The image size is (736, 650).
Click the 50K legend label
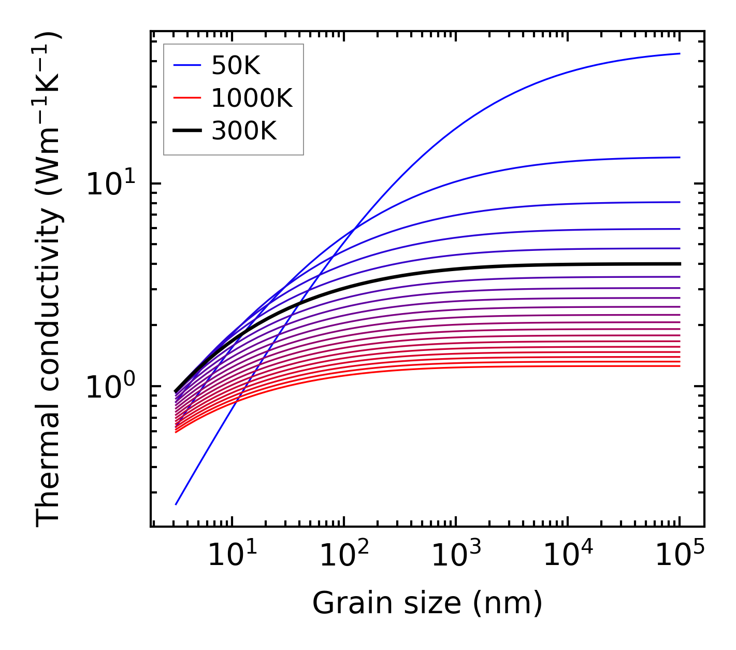236,66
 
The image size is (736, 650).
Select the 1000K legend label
252,98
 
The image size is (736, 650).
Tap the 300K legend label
244,131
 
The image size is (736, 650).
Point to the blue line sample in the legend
186,66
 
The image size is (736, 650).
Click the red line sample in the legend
186,98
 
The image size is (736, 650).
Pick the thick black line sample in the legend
186,131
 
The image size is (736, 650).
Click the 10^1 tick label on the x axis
232,556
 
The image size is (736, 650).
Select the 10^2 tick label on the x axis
344,556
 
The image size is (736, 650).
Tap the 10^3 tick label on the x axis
456,556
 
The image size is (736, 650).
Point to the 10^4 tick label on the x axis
568,556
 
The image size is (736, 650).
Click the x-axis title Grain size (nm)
427,604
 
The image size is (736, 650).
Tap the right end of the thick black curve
680,264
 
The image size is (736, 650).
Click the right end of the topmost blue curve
680,53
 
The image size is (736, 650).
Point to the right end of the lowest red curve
680,366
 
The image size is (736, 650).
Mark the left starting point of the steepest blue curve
176,504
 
